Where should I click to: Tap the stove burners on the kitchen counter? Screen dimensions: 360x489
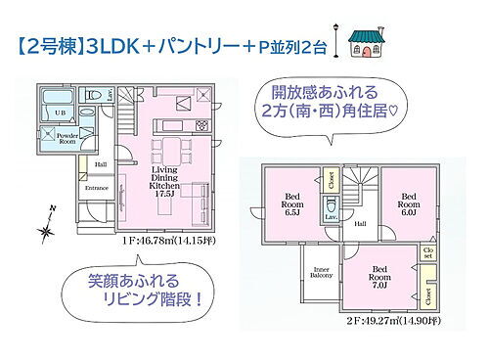[200, 126]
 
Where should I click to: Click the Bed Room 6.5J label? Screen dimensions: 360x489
[291, 202]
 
